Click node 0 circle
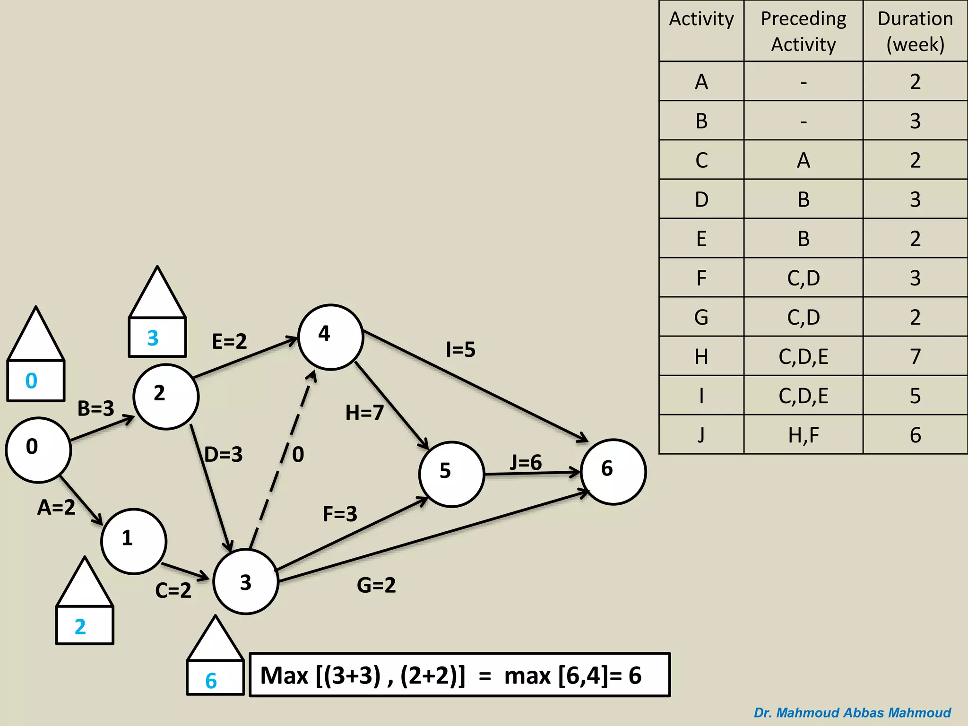tap(38, 449)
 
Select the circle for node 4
tap(330, 337)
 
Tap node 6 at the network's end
tap(613, 472)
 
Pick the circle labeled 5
tap(451, 474)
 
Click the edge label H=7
tap(364, 413)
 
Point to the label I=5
tap(460, 350)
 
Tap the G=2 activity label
tap(376, 585)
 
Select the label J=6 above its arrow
tap(526, 462)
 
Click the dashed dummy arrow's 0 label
tap(298, 455)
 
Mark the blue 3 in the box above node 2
tap(153, 338)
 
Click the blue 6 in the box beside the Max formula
tap(211, 681)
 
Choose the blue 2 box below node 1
tap(81, 627)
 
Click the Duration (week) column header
tap(915, 31)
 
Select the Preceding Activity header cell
tap(803, 31)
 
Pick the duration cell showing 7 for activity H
tap(915, 356)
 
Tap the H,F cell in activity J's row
tap(803, 435)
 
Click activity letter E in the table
tap(701, 239)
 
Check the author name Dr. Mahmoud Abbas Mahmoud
tap(852, 712)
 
